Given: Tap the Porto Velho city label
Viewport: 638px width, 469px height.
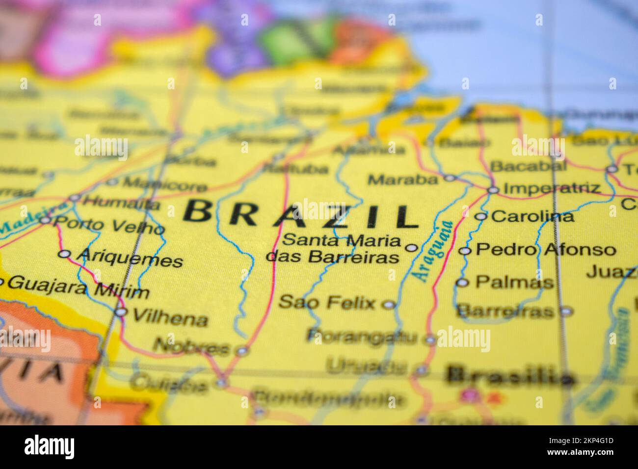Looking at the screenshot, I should pos(108,226).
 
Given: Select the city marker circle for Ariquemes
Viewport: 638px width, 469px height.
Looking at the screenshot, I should pos(64,254).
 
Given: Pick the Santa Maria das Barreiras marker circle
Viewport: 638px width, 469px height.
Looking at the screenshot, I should pos(411,248).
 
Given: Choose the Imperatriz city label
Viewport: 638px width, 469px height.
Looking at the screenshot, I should pos(552,188).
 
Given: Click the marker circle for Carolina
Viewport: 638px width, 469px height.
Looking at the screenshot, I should pos(481,216).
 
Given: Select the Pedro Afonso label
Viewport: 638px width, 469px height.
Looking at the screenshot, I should pos(546,250).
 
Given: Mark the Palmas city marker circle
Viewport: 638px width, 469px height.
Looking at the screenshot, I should pos(462,282).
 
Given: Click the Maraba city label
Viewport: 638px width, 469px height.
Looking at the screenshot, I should pos(402,180).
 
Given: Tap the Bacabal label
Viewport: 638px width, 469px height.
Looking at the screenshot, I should pos(528,166).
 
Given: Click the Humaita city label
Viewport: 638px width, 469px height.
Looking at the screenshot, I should pos(121,202).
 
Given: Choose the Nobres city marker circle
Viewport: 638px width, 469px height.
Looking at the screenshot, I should pos(241,350).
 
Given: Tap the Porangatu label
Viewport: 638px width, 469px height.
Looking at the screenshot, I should pos(362,337).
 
